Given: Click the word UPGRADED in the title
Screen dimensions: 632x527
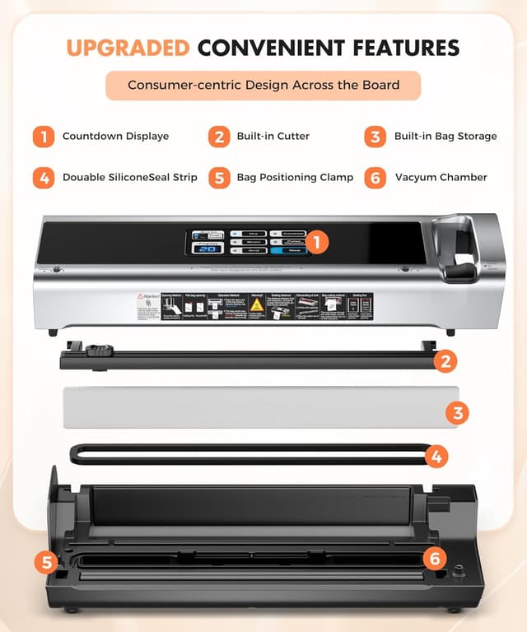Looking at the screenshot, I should point(128,47).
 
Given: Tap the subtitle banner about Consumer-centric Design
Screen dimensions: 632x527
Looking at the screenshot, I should point(263,85).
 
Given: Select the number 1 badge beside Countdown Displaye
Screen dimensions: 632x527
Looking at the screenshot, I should point(43,136).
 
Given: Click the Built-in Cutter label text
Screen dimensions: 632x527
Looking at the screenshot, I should point(273,136).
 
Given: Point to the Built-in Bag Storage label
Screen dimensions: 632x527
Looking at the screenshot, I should point(445,136).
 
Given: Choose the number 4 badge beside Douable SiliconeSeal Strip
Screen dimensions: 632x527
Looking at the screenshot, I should point(43,177).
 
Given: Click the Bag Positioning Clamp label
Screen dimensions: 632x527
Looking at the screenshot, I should point(295,177).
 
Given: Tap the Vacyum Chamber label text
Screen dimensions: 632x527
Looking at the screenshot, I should point(441,177).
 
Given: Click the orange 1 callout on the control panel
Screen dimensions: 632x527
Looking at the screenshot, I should point(318,242).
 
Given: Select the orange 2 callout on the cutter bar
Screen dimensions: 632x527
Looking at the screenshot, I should point(445,360).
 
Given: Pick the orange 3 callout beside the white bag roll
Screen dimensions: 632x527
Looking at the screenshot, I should point(459,412).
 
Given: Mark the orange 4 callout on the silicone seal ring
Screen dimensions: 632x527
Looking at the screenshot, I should point(436,455).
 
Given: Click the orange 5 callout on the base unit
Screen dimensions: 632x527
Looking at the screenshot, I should point(45,563).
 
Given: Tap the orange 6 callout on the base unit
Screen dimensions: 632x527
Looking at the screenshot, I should point(435,558).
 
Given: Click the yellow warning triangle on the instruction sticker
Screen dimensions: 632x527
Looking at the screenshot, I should point(256,305).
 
